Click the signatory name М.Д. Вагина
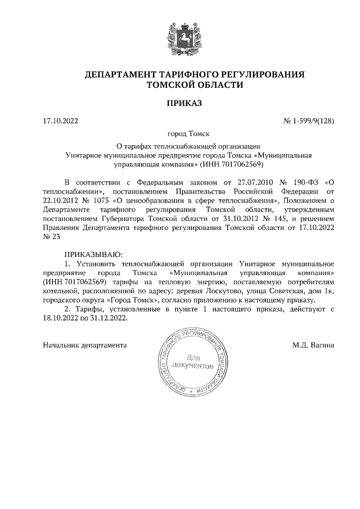313,344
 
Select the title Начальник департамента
85,344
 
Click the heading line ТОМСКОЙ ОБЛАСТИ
194,85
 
